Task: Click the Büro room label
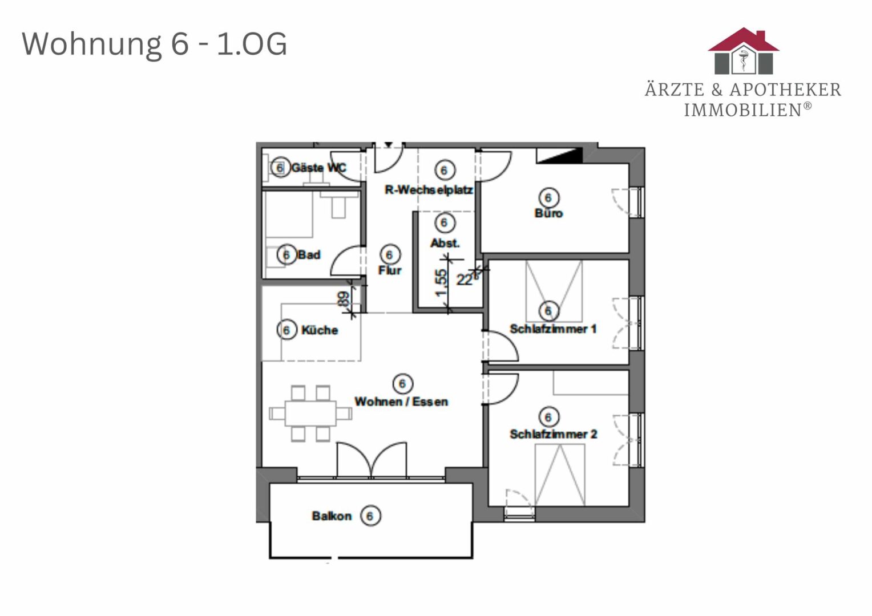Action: click(x=548, y=213)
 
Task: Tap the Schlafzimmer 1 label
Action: click(x=553, y=329)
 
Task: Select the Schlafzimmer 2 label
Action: click(x=553, y=434)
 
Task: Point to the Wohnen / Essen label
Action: click(x=401, y=402)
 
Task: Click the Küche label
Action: click(x=320, y=330)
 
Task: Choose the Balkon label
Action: click(x=332, y=516)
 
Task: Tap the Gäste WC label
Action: click(x=319, y=168)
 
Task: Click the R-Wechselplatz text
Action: click(x=429, y=190)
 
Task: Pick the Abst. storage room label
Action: click(x=445, y=244)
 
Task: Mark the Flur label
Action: click(x=390, y=270)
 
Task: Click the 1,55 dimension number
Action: click(x=441, y=283)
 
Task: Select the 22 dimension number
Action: click(x=465, y=279)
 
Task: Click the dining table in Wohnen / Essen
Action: click(x=310, y=414)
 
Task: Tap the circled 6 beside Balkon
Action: click(x=370, y=516)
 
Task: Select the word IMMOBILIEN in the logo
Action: click(x=743, y=110)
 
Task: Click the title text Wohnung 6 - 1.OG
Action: click(x=155, y=44)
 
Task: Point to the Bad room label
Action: click(x=309, y=255)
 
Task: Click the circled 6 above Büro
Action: click(x=548, y=198)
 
